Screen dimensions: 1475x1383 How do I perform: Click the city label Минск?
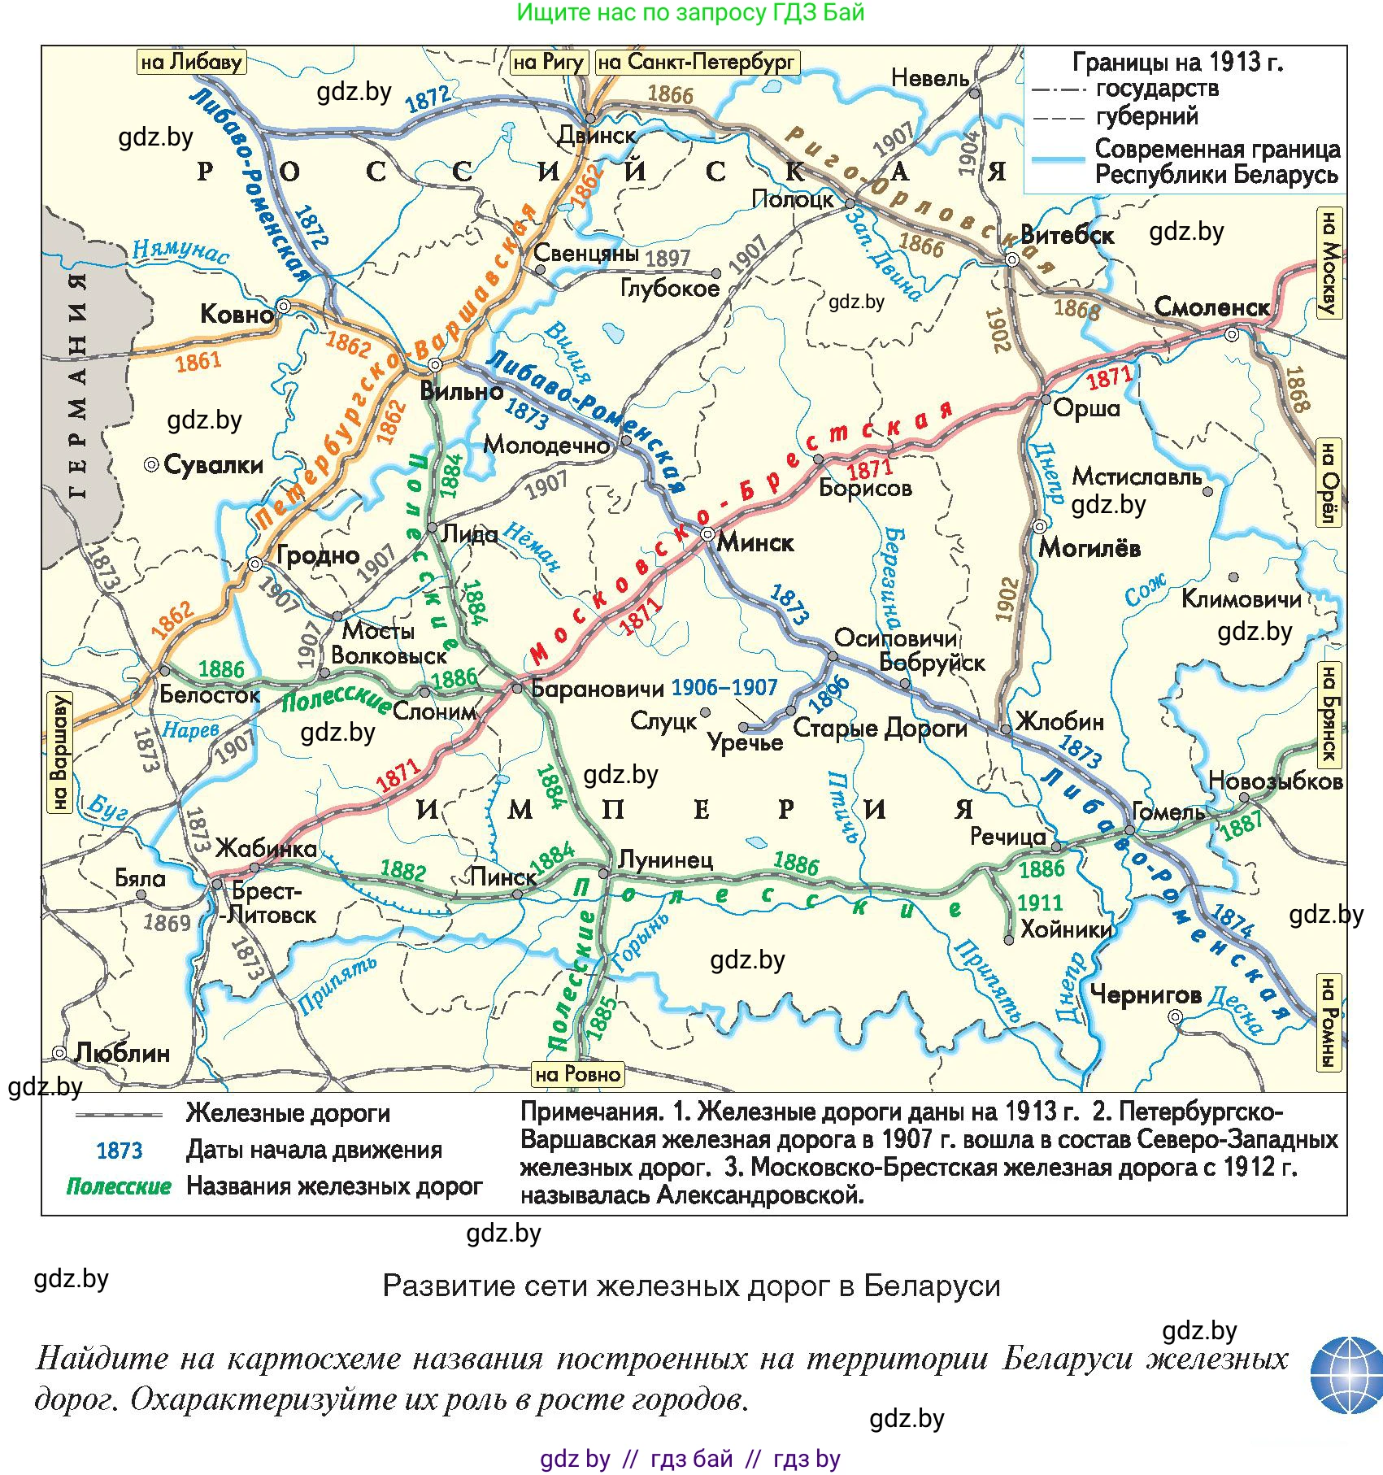[x=755, y=542]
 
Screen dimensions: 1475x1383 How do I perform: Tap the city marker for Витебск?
[x=1012, y=259]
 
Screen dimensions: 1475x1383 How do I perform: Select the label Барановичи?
[x=597, y=689]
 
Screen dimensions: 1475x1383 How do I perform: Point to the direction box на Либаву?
[x=191, y=63]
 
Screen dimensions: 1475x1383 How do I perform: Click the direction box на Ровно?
[x=577, y=1074]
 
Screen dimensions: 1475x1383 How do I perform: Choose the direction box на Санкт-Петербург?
[x=698, y=63]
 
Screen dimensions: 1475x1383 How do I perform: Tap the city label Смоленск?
[x=1211, y=307]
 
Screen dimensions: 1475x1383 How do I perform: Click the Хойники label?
[x=1065, y=929]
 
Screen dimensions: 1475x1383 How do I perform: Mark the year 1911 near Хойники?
[x=1040, y=903]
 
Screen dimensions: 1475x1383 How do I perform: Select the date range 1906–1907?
[x=724, y=688]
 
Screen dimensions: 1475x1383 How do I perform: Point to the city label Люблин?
[x=122, y=1053]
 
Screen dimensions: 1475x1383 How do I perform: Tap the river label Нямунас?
[x=180, y=250]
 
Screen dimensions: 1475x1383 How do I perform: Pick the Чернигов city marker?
[x=1175, y=1017]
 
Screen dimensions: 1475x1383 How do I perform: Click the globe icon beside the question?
[x=1346, y=1376]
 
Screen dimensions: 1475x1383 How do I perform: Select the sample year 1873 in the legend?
[x=119, y=1151]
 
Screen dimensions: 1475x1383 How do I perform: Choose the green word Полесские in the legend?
[x=119, y=1186]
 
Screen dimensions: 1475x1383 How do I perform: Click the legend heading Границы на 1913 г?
[x=1177, y=62]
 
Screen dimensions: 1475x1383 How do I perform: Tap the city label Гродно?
[x=318, y=555]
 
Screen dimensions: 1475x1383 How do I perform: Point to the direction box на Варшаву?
[x=59, y=752]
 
